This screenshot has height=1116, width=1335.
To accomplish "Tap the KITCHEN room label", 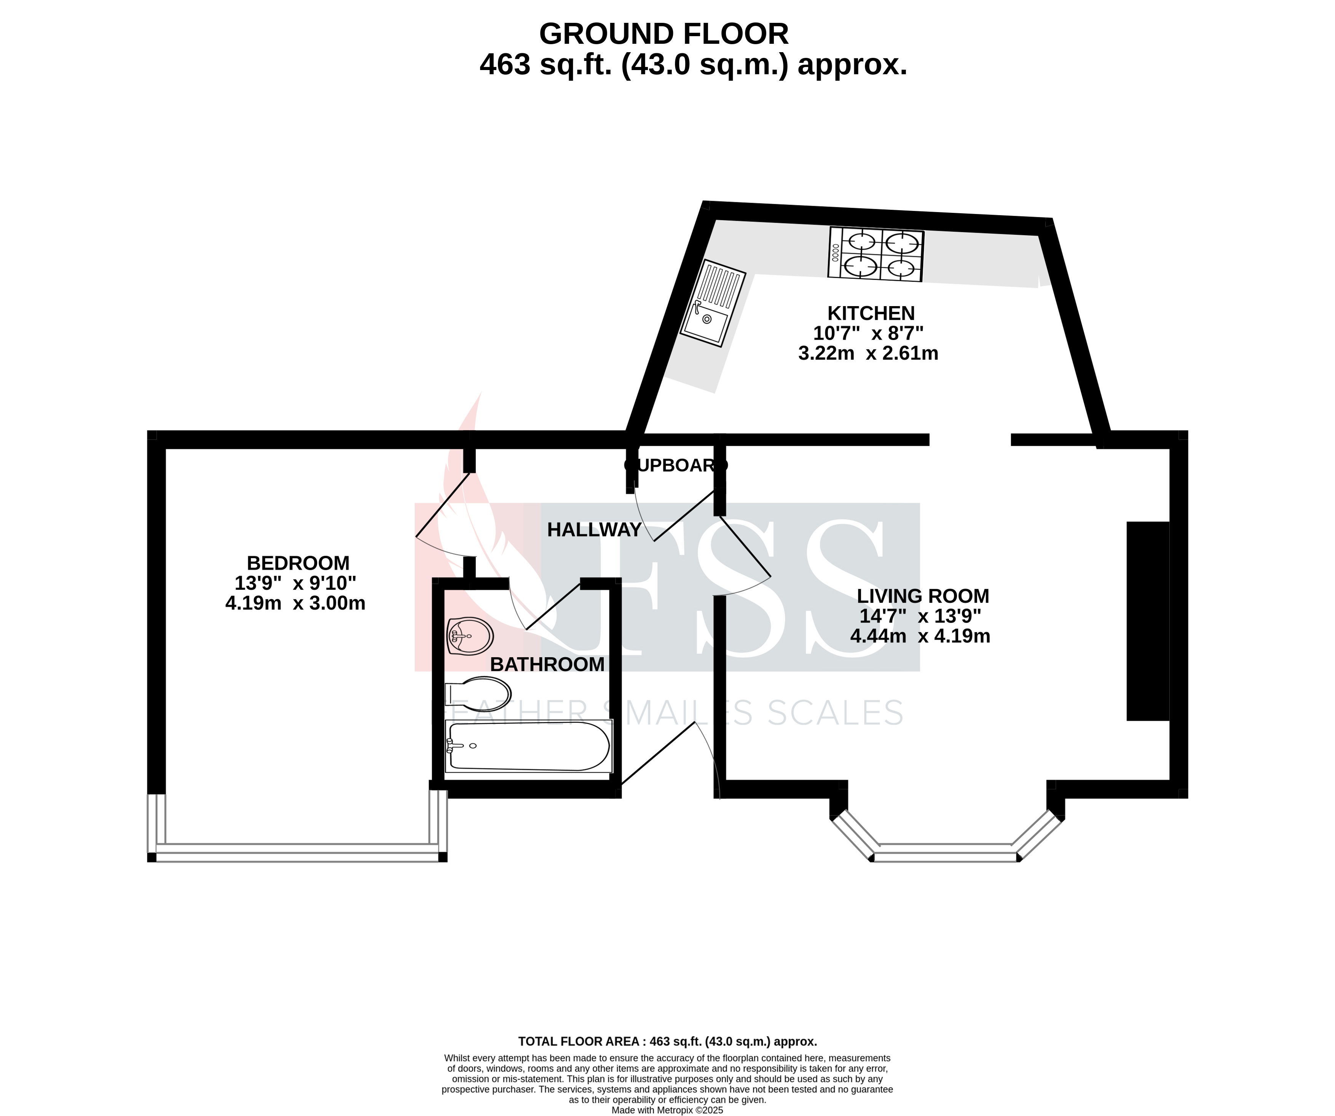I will [x=871, y=313].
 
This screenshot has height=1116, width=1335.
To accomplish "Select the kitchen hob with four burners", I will [x=876, y=254].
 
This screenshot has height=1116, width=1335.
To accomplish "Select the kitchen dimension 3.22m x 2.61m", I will [x=868, y=353].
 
